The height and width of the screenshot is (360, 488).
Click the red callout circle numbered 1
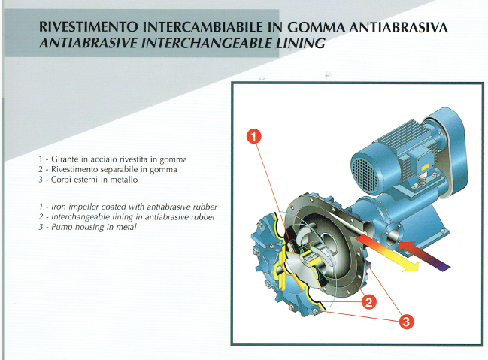tap(254, 136)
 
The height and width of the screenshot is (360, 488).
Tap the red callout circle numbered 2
tap(368, 302)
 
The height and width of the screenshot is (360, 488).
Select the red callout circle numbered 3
tap(406, 321)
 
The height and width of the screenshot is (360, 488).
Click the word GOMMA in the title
tap(316, 27)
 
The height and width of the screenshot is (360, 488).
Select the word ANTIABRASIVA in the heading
tap(399, 27)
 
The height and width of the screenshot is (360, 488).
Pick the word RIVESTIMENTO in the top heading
tap(89, 27)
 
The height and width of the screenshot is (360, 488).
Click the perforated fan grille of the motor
tap(365, 173)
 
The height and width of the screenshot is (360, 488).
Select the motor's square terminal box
tap(420, 163)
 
